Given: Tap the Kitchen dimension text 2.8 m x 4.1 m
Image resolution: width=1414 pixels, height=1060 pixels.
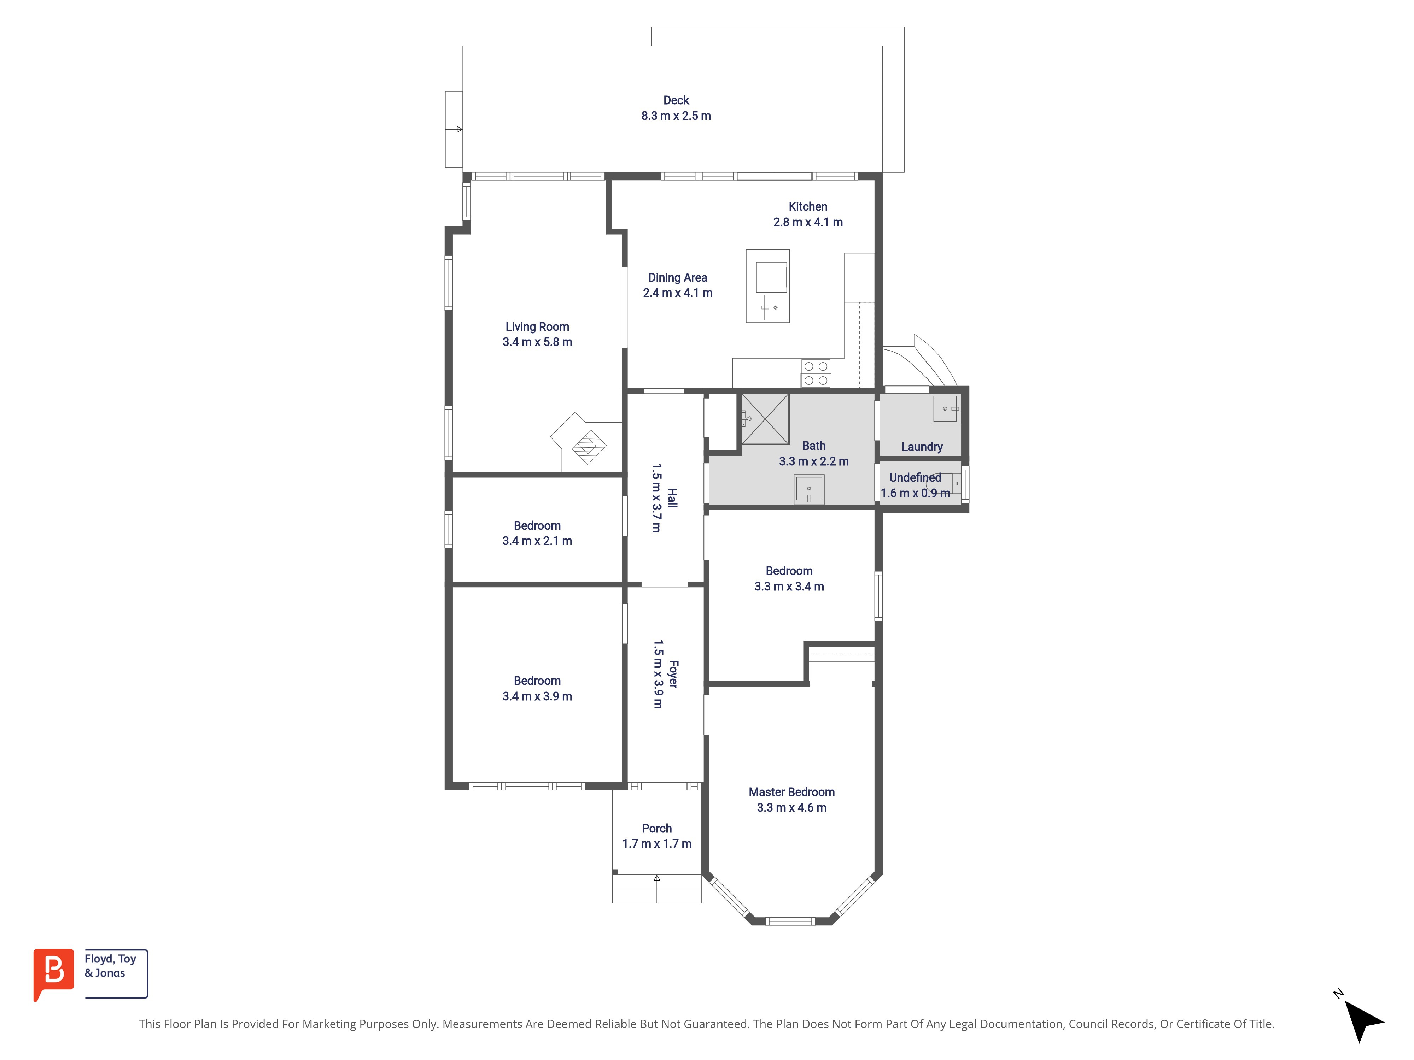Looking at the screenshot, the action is pos(808,222).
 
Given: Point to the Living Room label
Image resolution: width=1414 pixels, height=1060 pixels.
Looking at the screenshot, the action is pos(537,326).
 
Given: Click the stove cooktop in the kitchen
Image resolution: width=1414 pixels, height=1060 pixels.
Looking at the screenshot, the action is pos(816,373).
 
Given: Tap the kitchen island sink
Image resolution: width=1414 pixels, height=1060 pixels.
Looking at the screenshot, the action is pos(775,307).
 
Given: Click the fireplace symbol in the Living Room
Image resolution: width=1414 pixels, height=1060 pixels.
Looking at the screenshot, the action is pos(589,447).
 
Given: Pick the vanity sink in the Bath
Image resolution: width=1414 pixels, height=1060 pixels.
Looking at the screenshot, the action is pos(809,489).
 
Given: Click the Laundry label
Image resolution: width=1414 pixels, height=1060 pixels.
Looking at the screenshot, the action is pos(922,447).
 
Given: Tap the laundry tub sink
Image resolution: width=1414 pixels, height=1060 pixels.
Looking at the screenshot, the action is pos(946,409).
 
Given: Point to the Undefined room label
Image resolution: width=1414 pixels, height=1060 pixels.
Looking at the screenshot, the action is pos(915,477).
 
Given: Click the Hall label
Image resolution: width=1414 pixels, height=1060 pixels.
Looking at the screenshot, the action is pos(672,498).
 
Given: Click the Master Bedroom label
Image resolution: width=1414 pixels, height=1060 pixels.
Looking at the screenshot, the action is pos(791,792).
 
